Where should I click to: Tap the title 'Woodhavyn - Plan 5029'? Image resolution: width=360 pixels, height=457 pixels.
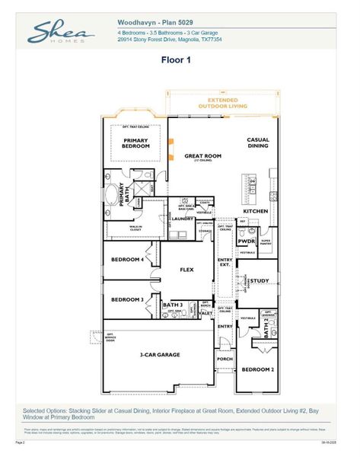coord(154,24)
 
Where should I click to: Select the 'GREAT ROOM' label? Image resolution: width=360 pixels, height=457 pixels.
coord(202,156)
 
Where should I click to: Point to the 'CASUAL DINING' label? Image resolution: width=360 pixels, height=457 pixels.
coord(258,144)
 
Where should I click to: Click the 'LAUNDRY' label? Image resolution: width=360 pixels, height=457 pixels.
coord(183,219)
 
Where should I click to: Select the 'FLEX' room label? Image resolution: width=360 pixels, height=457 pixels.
coord(187,270)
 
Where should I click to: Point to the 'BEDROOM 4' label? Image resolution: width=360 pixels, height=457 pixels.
coord(128,260)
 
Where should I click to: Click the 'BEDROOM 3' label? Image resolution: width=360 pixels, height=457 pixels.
coord(128,299)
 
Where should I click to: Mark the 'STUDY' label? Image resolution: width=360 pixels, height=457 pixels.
coord(260,281)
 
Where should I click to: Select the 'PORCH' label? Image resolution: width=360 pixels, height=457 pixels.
coord(225,360)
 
